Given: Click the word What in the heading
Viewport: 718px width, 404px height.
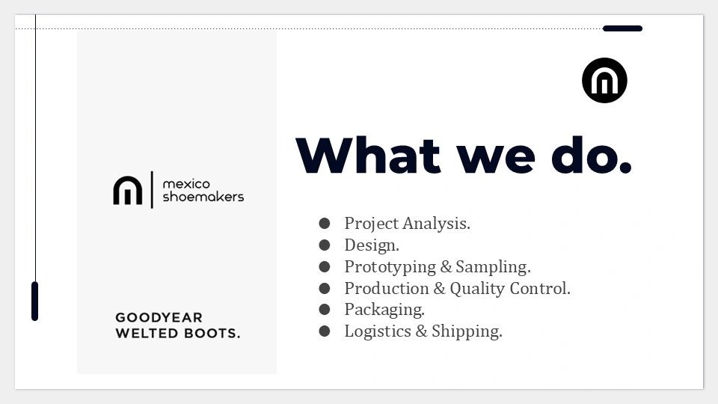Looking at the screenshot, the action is tap(368, 155).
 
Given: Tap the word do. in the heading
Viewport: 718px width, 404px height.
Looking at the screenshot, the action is tap(592, 155).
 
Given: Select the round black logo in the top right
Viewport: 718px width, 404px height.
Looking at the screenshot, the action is tap(604, 80).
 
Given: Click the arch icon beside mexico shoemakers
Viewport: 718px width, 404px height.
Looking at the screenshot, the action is tap(128, 190).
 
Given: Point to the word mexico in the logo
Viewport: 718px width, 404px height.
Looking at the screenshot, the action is tap(186, 184).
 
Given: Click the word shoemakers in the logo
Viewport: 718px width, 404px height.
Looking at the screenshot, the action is tap(203, 197).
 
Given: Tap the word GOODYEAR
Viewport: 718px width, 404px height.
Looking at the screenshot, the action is tap(159, 317).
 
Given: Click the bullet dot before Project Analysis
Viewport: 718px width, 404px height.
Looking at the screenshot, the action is tap(324, 224).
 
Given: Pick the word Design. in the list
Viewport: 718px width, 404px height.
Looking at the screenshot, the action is tap(372, 245).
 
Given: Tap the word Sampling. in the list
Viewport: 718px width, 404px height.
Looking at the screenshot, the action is tap(493, 267).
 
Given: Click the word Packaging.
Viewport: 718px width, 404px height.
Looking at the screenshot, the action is tap(384, 310).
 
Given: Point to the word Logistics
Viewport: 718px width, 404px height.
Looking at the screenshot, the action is tap(378, 331).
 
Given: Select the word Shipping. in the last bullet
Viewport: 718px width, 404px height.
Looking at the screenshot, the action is tap(467, 331).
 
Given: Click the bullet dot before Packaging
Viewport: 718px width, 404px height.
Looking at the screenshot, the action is tap(324, 309).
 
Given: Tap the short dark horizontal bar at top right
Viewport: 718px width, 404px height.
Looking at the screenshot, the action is tap(622, 28).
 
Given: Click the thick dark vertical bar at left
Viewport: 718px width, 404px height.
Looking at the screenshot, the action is tap(35, 301).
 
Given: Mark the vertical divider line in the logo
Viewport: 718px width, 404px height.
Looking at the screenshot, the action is tap(152, 189).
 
